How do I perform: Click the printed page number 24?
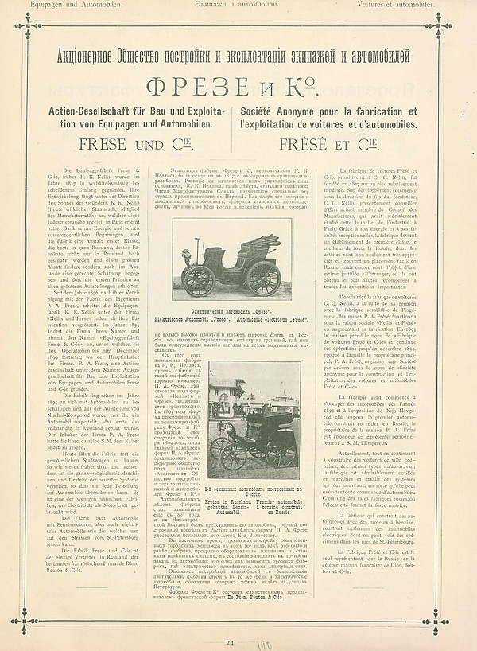[231, 641]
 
